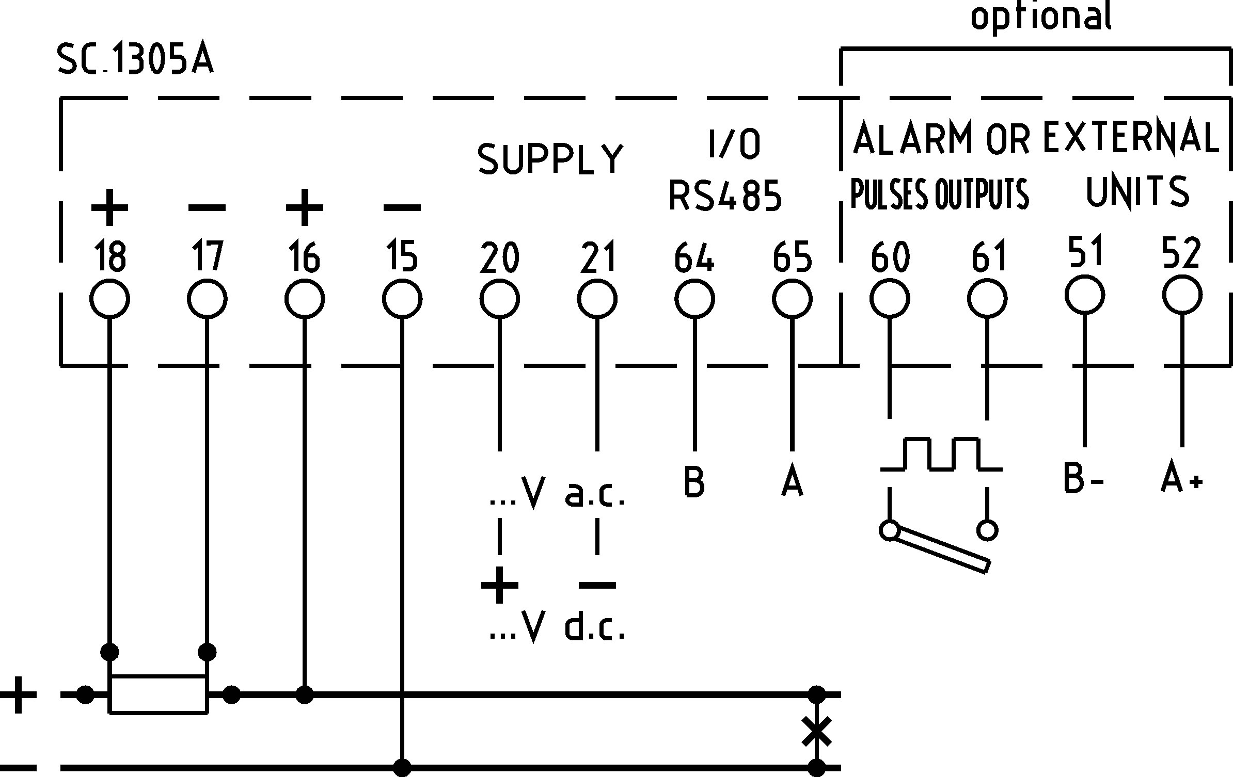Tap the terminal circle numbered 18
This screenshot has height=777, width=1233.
click(109, 299)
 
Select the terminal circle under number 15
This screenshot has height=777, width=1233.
click(402, 299)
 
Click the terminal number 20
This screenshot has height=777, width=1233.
click(499, 257)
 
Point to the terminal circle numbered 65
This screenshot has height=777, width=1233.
click(792, 299)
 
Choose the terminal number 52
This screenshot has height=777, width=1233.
click(1181, 252)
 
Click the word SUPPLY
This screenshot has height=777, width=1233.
click(550, 158)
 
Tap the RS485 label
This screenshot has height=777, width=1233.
click(725, 196)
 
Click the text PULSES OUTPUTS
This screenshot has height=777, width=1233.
click(939, 194)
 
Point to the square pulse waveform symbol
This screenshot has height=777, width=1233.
click(941, 454)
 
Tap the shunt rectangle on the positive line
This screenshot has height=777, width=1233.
click(159, 694)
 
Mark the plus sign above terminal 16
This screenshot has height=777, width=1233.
click(305, 207)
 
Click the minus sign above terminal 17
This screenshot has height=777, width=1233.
click(207, 208)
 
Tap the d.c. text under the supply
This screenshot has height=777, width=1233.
click(595, 626)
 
